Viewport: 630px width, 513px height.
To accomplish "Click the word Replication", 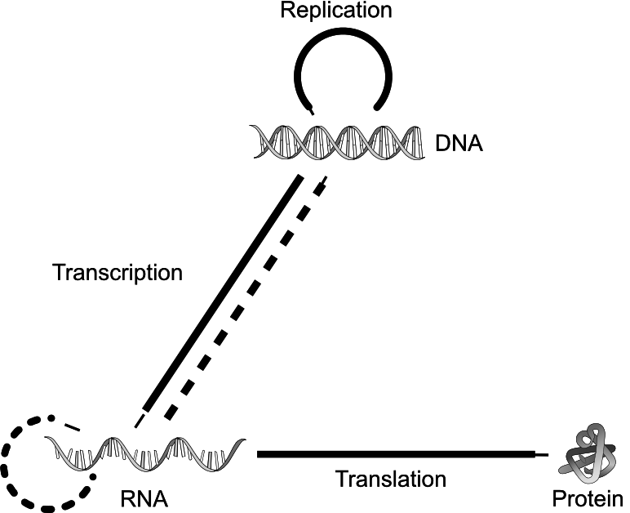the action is [336, 10].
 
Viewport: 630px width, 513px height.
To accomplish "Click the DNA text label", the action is [459, 144].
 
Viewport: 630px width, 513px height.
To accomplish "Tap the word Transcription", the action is [118, 273].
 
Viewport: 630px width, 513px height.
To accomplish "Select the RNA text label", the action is [144, 499].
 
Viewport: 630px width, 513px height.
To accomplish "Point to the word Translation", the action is [391, 480].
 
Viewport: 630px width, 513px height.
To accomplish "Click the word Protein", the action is [588, 499].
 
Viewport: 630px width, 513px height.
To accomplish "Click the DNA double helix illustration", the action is [337, 142].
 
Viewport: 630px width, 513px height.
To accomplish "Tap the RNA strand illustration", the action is [144, 453].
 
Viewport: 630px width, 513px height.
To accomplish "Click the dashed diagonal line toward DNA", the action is [246, 298].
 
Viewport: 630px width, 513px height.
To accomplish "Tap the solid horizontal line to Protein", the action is [402, 454].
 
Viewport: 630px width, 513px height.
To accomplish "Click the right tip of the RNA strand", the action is [245, 439].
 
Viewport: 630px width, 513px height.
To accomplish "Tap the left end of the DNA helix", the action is [251, 126].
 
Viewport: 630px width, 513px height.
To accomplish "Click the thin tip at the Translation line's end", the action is [548, 455].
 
